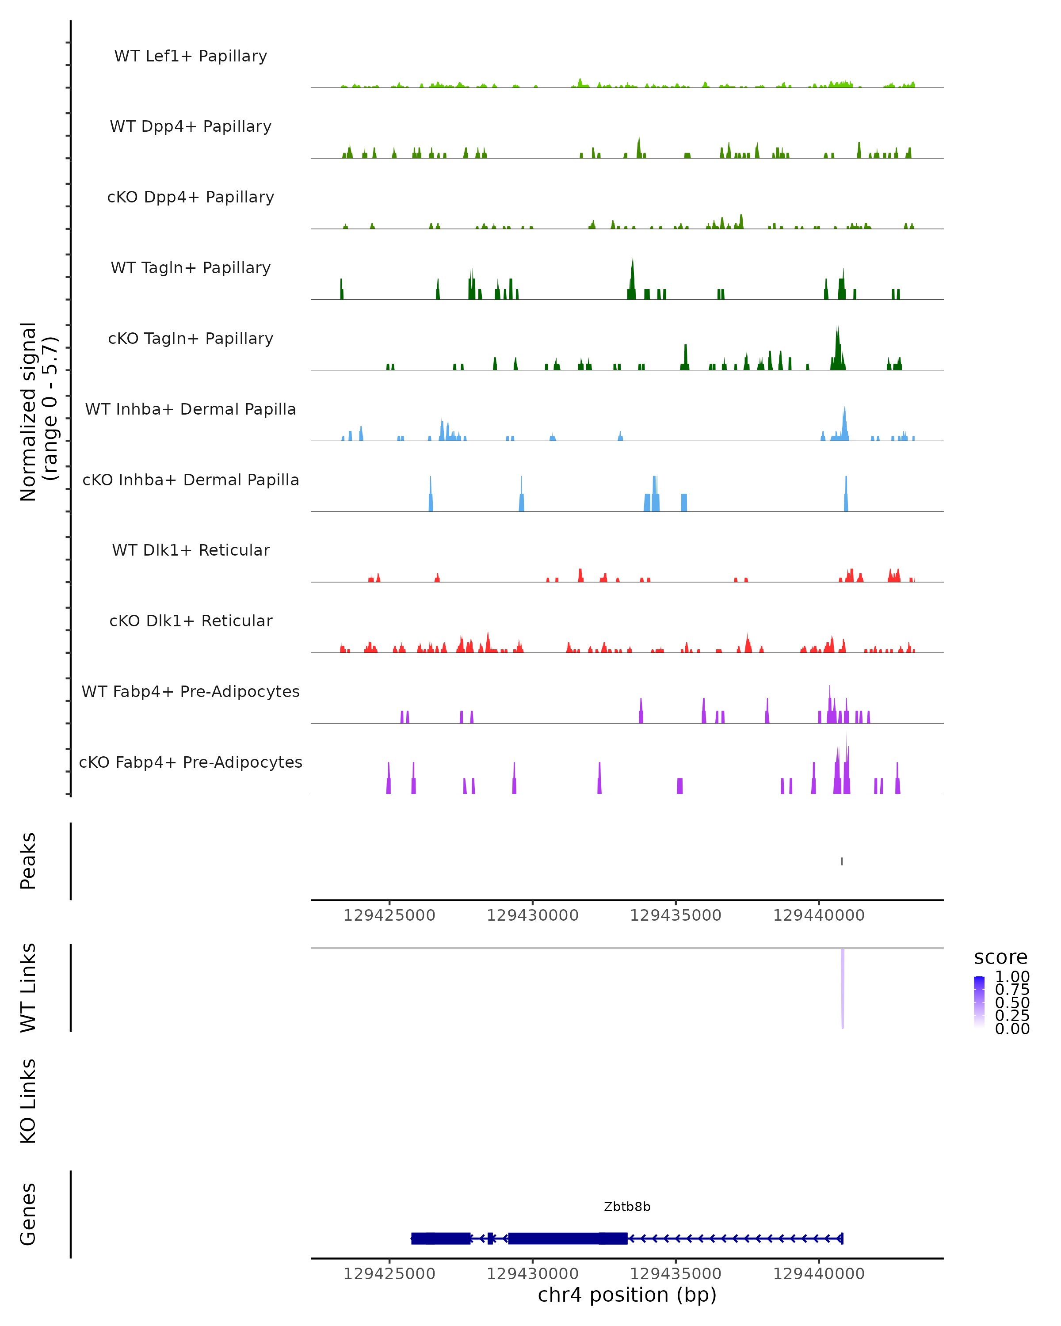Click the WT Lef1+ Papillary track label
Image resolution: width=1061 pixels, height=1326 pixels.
191,56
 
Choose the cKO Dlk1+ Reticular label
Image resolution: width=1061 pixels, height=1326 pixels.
191,621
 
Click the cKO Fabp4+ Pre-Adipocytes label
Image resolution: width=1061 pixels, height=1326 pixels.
191,762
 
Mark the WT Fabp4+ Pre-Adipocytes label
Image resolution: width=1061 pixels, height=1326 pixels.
191,691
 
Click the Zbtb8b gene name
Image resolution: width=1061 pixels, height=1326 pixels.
627,1206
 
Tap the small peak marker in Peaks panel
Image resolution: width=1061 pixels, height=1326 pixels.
841,861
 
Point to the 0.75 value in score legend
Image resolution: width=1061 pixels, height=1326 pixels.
1012,990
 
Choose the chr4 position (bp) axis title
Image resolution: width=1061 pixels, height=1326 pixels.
627,1295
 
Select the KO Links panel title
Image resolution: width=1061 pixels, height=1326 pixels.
28,1101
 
